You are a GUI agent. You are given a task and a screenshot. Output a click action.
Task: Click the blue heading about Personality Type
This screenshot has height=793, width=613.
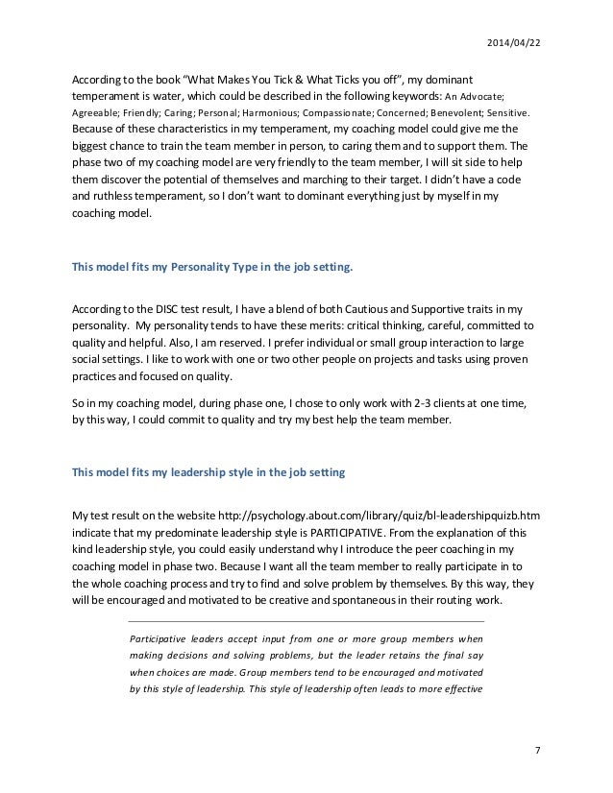212,269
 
